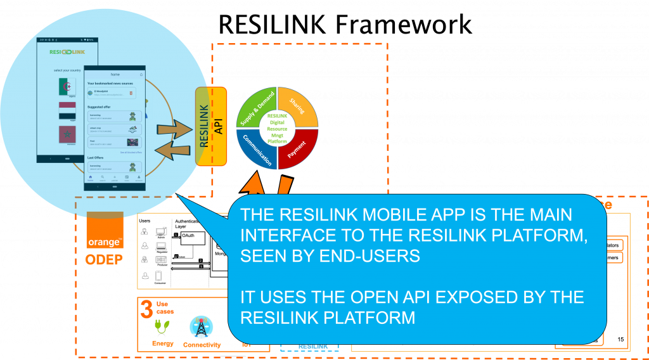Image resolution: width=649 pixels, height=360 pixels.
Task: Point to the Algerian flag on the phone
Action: [x=67, y=87]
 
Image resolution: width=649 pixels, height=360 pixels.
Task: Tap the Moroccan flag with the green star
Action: [x=67, y=135]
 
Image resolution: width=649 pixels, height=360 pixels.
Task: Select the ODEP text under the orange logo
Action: [x=105, y=260]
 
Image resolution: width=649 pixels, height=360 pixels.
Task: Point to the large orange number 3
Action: [x=146, y=310]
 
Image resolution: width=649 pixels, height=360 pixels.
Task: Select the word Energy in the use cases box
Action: [x=163, y=344]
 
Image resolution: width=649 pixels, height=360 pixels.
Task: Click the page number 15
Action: [x=620, y=340]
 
